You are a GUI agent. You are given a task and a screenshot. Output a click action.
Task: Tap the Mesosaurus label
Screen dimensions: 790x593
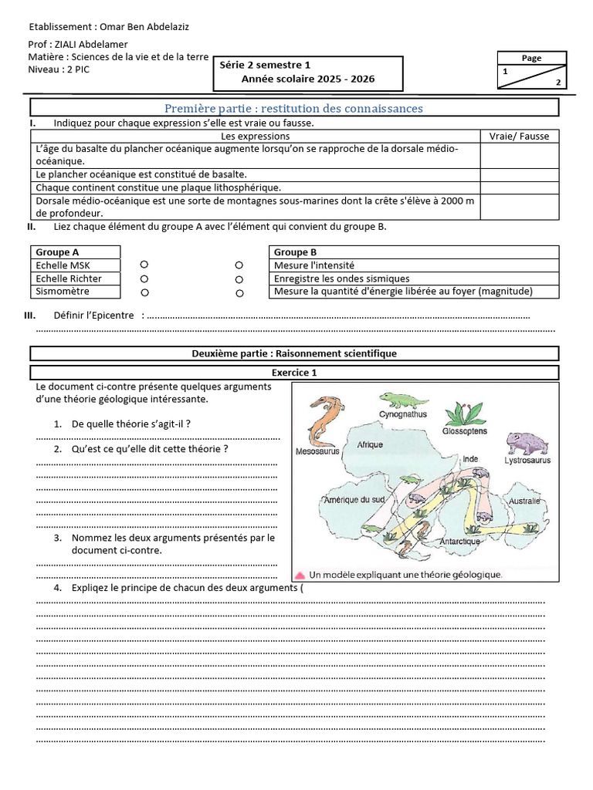pos(317,454)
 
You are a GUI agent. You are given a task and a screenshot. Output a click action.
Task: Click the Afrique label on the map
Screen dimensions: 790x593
pos(370,444)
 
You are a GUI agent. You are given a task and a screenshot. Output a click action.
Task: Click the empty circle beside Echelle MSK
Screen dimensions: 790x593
pos(144,265)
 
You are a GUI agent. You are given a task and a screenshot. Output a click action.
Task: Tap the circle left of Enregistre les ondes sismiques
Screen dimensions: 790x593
pos(239,279)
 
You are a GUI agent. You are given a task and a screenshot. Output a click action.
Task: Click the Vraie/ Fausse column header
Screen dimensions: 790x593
pos(519,136)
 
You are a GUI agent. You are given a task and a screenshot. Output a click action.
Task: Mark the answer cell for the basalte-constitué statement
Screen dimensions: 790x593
pos(519,175)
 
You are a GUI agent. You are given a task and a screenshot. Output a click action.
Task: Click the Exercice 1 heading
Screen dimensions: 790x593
pos(293,373)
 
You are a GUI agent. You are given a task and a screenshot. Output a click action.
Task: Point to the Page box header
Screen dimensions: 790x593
pos(531,58)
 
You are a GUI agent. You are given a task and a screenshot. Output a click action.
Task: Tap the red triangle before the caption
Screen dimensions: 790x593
pos(299,575)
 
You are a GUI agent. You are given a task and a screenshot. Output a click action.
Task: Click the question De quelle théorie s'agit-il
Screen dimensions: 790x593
pos(130,424)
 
